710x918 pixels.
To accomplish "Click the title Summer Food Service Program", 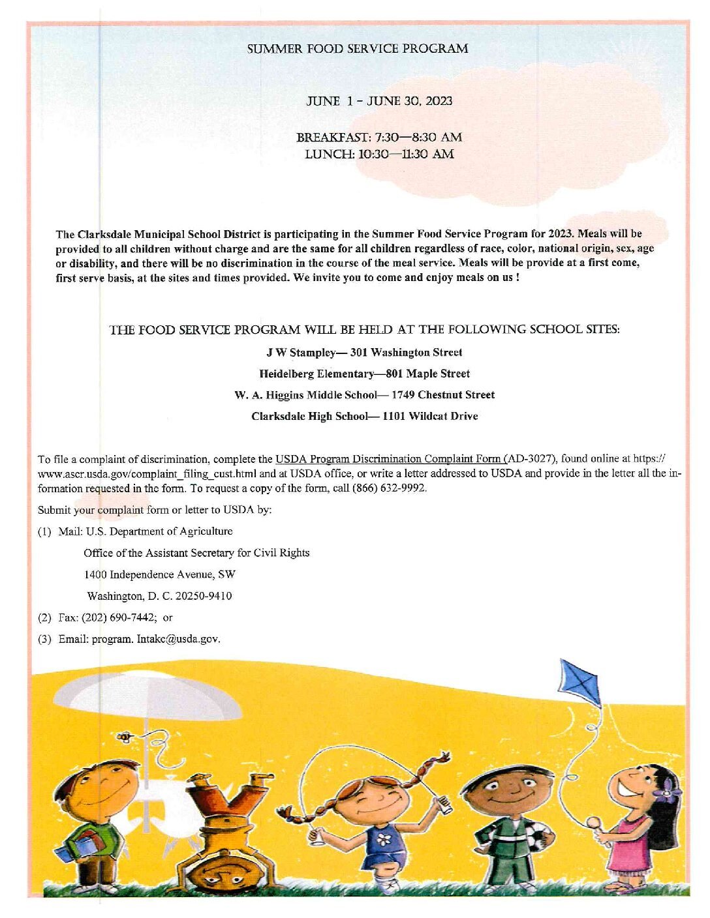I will coord(358,49).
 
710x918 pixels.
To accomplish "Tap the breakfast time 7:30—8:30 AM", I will coord(418,138).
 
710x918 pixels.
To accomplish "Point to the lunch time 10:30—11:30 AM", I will coord(406,155).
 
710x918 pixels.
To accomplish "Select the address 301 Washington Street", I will coord(406,353).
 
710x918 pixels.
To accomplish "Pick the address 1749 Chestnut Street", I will coord(443,395).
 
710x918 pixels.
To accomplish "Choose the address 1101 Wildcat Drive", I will coord(430,417).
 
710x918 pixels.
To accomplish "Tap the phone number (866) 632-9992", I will coord(390,488).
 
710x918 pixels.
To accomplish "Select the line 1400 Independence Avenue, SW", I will coord(160,574).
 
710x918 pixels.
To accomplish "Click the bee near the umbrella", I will coord(124,737).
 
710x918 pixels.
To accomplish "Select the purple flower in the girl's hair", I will coord(668,795).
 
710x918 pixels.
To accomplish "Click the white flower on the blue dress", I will coord(384,840).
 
